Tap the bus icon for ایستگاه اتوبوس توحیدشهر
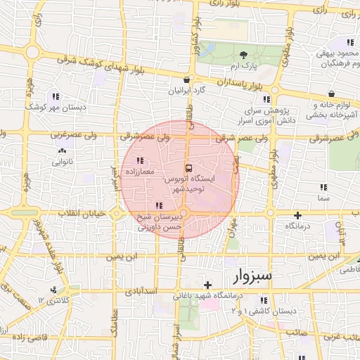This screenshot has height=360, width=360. pos(188,168)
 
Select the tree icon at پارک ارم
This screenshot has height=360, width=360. pos(243,55)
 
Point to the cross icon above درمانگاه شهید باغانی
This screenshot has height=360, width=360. pos(207,285)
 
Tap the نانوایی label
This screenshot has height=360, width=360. pos(63,162)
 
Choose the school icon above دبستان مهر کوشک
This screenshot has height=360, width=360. pos(56,97)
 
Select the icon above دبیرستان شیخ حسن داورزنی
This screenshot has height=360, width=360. pos(160,206)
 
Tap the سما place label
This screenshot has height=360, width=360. pos(323,199)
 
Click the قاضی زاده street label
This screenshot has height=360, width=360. pos(28,337)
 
